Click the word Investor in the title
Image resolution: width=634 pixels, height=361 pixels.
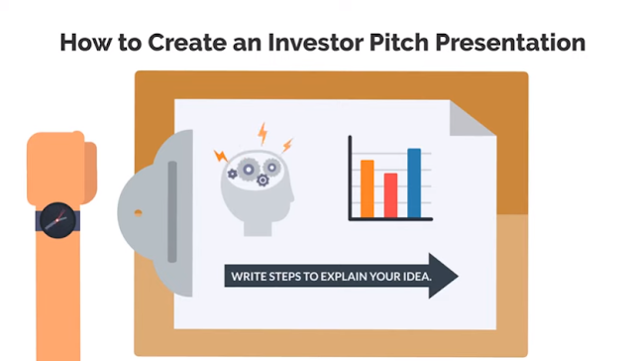pyautogui.click(x=315, y=42)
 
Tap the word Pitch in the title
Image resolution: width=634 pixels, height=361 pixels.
pyautogui.click(x=398, y=42)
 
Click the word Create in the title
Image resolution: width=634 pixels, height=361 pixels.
pyautogui.click(x=187, y=42)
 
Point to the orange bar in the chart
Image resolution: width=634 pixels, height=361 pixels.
pyautogui.click(x=368, y=188)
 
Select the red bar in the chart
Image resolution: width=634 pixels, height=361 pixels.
pyautogui.click(x=390, y=195)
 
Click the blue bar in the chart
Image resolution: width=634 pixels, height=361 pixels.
pyautogui.click(x=414, y=182)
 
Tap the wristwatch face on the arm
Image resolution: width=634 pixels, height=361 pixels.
pyautogui.click(x=57, y=220)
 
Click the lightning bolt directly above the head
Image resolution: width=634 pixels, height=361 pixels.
pyautogui.click(x=263, y=134)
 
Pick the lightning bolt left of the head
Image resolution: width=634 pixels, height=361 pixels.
pyautogui.click(x=221, y=156)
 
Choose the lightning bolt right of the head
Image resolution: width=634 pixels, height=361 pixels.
pyautogui.click(x=287, y=145)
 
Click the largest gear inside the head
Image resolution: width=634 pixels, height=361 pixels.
pyautogui.click(x=249, y=170)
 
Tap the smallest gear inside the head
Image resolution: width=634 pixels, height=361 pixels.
pyautogui.click(x=232, y=174)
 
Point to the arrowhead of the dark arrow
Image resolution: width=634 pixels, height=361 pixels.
pyautogui.click(x=443, y=276)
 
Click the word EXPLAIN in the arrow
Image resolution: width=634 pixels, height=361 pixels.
pyautogui.click(x=344, y=277)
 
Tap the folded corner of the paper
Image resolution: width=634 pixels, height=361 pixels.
pyautogui.click(x=471, y=118)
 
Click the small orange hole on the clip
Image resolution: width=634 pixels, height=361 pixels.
pyautogui.click(x=138, y=212)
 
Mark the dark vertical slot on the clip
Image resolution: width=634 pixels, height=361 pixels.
pyautogui.click(x=172, y=211)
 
